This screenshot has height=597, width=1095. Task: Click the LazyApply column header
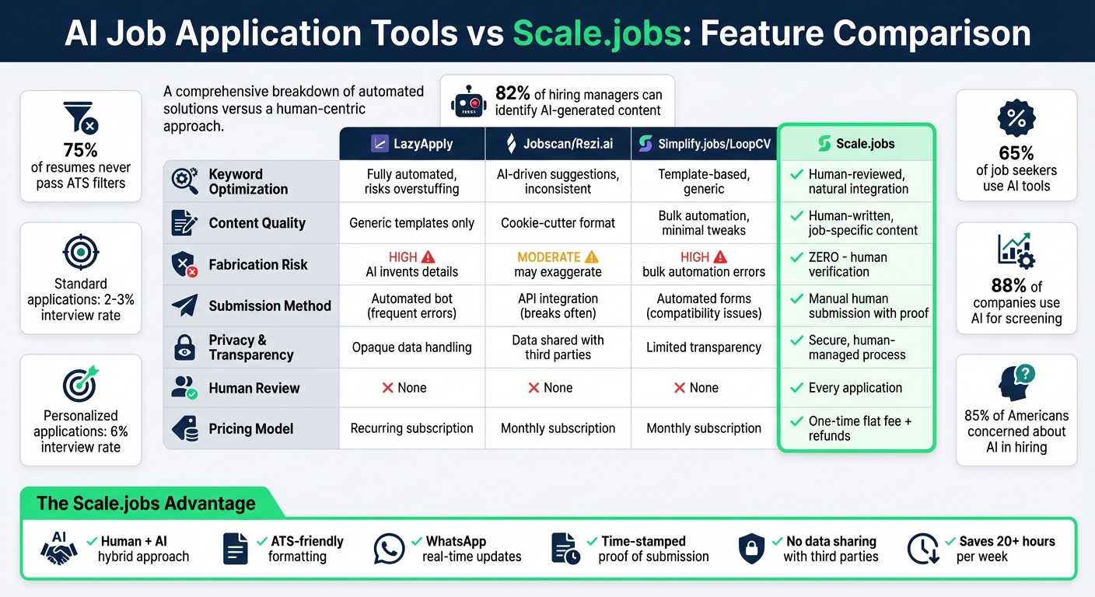click(x=411, y=143)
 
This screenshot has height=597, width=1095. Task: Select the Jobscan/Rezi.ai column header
click(x=558, y=143)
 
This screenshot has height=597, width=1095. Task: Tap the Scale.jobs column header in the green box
click(x=856, y=143)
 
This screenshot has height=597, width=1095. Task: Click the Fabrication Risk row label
click(x=257, y=264)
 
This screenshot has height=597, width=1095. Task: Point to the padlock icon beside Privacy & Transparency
click(x=184, y=347)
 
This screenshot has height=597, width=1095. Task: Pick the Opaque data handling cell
click(x=411, y=347)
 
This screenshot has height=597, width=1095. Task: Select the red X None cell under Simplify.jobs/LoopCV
click(x=703, y=388)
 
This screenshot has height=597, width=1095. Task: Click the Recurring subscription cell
click(x=411, y=428)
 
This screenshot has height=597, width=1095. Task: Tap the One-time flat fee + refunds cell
click(x=859, y=428)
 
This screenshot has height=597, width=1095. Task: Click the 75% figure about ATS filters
click(x=80, y=150)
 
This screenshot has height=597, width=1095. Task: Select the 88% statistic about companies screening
click(x=1006, y=286)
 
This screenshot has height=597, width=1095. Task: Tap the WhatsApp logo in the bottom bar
click(x=389, y=549)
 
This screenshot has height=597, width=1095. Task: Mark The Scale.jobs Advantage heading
click(x=146, y=503)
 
